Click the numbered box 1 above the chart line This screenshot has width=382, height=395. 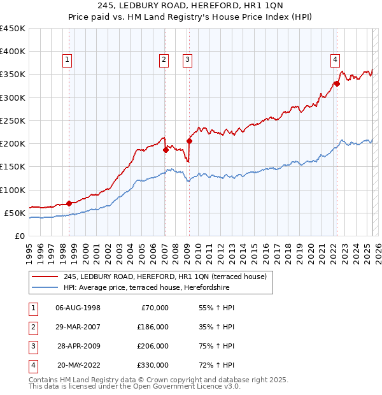point(67,61)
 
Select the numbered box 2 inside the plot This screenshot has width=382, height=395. point(164,61)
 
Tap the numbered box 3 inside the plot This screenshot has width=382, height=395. point(188,61)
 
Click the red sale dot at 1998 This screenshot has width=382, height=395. point(69,204)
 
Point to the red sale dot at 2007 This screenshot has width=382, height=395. point(166,150)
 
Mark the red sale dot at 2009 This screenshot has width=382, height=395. point(189,141)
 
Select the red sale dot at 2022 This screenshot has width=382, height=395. point(337,83)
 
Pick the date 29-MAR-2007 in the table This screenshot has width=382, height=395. point(78,327)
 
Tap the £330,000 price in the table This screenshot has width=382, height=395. point(152,365)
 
